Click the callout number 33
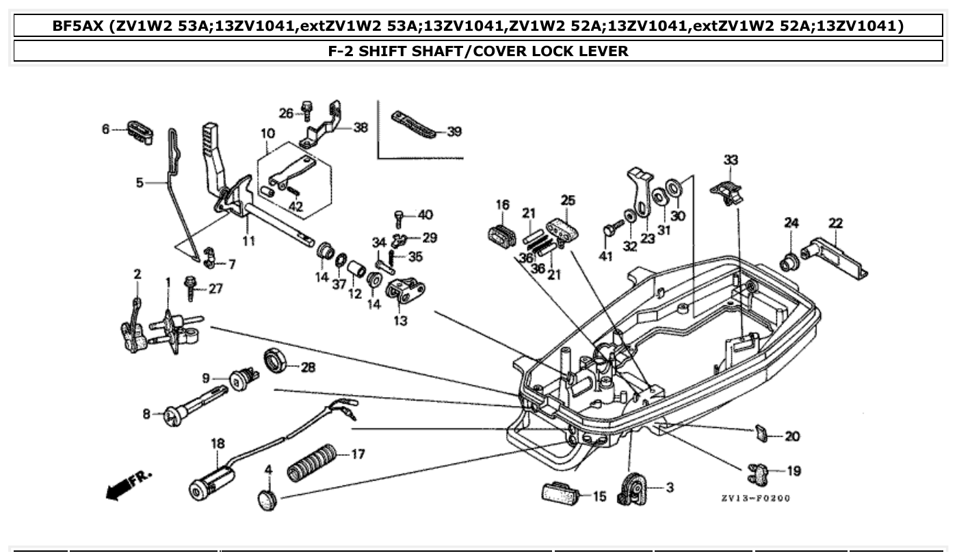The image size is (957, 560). tap(731, 160)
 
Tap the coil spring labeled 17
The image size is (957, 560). tap(311, 462)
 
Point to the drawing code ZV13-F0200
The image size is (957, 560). tap(755, 498)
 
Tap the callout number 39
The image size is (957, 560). tap(454, 131)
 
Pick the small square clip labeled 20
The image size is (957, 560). tap(759, 433)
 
